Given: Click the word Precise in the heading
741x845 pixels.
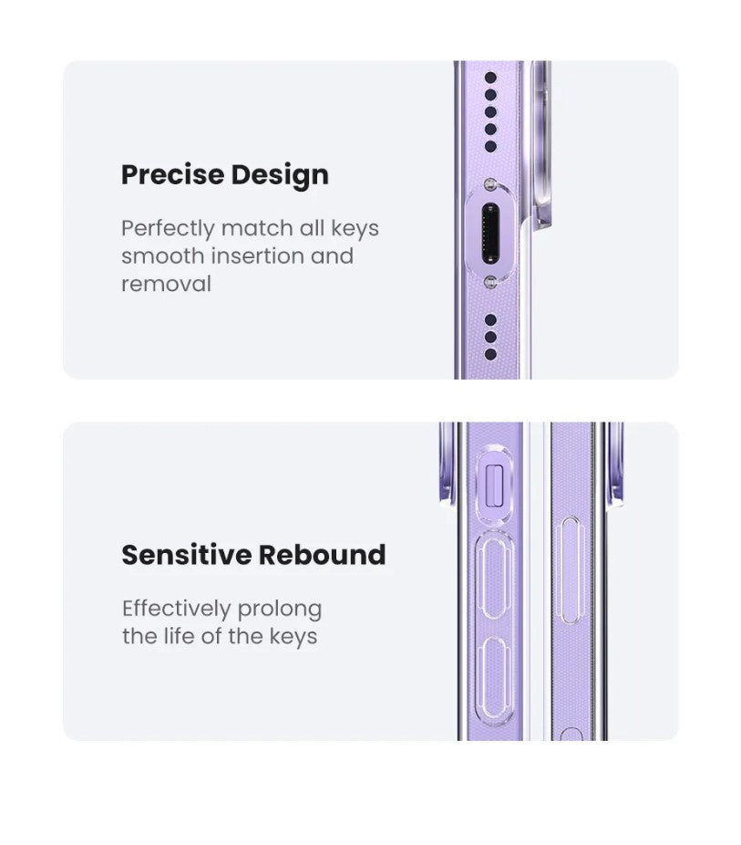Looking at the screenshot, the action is coord(172,174).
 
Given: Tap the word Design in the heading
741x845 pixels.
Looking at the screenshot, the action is coord(280,176).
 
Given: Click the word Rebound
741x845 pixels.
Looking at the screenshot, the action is coord(322,555).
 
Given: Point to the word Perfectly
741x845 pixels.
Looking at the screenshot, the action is coord(168,229).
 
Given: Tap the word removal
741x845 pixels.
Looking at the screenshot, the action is coord(166,284).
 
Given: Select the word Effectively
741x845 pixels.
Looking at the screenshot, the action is coord(176,609).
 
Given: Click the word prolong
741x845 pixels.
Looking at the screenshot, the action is coord(279,610).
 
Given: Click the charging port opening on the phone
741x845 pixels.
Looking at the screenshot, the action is coord(490,234).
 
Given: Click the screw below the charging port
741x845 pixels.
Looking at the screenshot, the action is coord(489,282).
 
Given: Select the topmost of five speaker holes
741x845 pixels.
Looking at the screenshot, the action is coord(490,78).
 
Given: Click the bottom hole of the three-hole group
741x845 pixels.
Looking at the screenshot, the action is coord(490,354).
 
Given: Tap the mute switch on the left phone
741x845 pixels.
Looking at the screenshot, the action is coord(495,486).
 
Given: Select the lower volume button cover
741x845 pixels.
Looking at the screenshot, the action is coord(495,679).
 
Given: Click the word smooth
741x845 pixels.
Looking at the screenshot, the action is coord(162,256).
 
